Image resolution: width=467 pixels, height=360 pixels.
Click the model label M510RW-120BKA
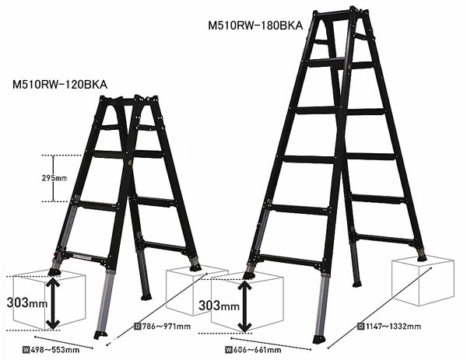pos(60,85)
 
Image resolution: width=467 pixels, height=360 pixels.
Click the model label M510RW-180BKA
pos(255,26)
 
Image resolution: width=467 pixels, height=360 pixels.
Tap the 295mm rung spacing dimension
pos(54,178)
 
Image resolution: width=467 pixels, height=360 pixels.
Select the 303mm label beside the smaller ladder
pos(26,303)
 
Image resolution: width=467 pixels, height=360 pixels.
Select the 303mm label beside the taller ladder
pos(219,306)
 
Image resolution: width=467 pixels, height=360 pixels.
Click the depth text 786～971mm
pos(167,327)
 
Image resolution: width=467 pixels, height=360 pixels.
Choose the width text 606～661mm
pos(257,350)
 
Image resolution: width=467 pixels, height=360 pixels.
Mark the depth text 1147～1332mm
pos(393,327)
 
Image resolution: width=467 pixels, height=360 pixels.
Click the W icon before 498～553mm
pos(26,350)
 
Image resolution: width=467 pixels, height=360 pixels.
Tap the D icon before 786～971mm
pos(138,327)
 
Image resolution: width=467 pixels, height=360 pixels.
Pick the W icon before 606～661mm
pos(228,350)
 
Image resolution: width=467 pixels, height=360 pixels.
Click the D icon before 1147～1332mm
pos(361,327)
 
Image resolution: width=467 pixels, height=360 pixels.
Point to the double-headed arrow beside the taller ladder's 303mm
pos(244,306)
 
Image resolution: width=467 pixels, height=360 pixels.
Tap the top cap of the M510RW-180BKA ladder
pos(339,12)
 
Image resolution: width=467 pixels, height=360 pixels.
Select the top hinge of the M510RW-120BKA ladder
pos(128,100)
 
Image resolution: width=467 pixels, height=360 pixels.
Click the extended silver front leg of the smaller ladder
pos(104,302)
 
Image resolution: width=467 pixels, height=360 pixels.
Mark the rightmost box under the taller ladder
pos(423,281)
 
